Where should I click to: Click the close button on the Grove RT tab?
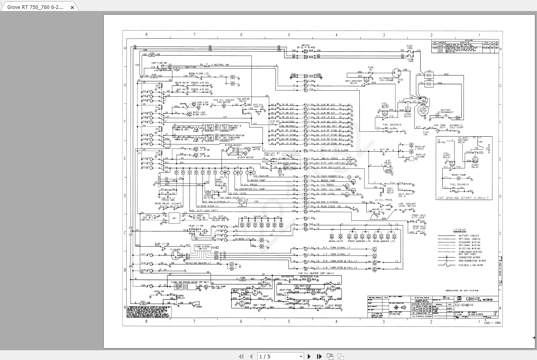point(72,7)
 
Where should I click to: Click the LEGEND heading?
point(460,230)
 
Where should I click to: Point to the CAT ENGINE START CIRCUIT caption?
point(463,198)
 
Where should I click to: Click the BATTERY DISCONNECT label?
point(446,111)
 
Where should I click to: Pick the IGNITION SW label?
point(159,63)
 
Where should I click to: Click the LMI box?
point(174,218)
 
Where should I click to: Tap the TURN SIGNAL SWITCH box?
point(202,247)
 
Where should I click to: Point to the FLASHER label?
point(176,249)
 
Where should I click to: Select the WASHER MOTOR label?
point(257,149)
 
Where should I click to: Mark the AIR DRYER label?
point(388,162)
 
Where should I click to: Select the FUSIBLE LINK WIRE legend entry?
point(471,265)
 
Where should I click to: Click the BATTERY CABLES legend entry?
point(469,236)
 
